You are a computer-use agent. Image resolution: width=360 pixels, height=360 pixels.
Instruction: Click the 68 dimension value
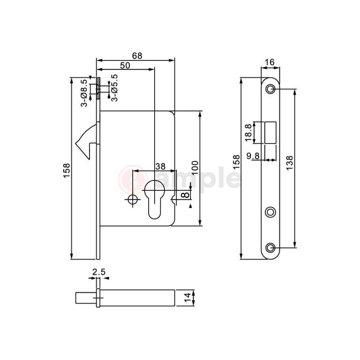click(137, 56)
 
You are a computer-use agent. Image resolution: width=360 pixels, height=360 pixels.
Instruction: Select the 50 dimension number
click(125, 65)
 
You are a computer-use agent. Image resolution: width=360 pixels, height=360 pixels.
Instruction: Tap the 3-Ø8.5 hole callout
click(83, 92)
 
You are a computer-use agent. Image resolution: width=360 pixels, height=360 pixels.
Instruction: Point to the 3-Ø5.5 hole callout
click(114, 88)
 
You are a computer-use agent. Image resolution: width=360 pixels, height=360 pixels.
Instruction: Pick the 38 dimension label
click(160, 166)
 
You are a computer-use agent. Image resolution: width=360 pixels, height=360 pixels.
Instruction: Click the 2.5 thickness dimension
click(98, 272)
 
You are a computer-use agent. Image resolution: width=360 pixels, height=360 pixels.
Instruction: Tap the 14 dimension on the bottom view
click(187, 298)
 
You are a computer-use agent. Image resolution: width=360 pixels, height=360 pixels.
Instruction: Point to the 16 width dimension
click(270, 62)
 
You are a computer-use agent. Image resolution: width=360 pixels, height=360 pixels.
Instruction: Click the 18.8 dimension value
click(249, 133)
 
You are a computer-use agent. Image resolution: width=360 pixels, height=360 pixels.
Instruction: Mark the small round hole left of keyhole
click(133, 200)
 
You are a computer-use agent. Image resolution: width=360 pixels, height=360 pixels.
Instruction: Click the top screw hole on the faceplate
click(270, 89)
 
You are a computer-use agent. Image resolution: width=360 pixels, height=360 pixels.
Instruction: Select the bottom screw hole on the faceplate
click(270, 247)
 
